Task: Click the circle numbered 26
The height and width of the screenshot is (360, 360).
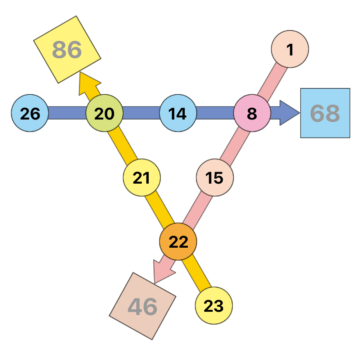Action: click(x=30, y=113)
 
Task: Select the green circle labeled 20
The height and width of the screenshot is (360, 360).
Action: click(x=104, y=113)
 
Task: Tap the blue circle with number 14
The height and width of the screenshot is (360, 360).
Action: click(x=178, y=113)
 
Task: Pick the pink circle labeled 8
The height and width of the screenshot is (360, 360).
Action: click(x=252, y=113)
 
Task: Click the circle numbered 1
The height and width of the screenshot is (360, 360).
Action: click(x=290, y=49)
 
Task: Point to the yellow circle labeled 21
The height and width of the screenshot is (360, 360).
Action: click(x=141, y=177)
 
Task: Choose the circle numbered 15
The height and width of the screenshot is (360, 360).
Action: click(x=215, y=177)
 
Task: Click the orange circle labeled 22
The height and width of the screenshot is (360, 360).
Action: click(x=178, y=242)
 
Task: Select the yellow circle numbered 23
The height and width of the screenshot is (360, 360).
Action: click(x=214, y=306)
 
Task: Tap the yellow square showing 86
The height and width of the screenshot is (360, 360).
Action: click(x=67, y=50)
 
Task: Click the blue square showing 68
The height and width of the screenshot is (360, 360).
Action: click(x=325, y=113)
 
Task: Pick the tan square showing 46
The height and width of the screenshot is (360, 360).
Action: click(x=143, y=306)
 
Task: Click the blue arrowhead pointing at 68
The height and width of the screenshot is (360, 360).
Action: click(x=289, y=113)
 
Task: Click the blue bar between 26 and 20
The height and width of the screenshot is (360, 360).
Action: click(x=67, y=113)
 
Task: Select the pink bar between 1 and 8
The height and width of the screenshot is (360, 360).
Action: click(x=272, y=82)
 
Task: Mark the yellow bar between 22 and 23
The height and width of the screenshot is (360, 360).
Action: click(x=197, y=273)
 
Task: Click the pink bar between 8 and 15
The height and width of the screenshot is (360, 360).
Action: click(x=235, y=145)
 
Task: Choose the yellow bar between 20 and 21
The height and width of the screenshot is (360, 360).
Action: click(x=122, y=145)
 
